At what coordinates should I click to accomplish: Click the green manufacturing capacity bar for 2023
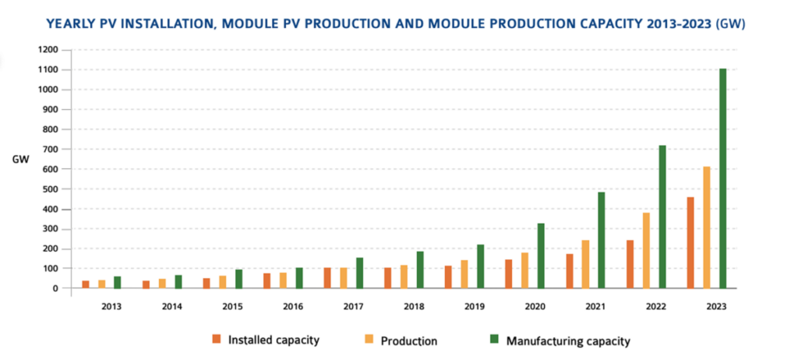(x=722, y=178)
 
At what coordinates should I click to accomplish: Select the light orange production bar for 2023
(x=707, y=228)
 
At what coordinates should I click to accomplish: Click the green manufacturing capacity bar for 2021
(x=602, y=240)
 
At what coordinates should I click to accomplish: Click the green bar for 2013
(x=117, y=282)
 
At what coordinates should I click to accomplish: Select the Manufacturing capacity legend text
(x=568, y=341)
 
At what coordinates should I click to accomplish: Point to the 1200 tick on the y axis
(x=46, y=50)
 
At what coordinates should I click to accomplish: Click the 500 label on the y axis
(x=48, y=189)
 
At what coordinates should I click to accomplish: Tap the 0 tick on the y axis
(x=56, y=288)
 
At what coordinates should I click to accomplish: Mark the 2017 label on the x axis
(x=354, y=306)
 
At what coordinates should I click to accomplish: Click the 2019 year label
(x=475, y=306)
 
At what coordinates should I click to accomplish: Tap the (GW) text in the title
(x=729, y=24)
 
